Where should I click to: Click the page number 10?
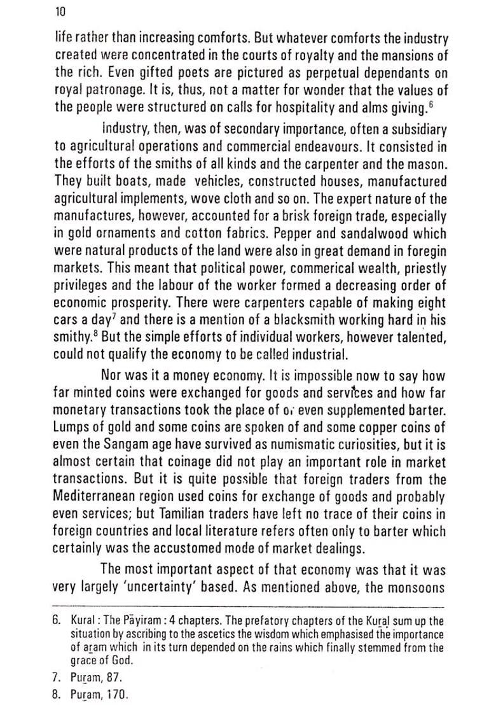61,11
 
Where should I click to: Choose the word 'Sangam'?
130,443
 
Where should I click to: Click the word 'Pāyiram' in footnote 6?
147,620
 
